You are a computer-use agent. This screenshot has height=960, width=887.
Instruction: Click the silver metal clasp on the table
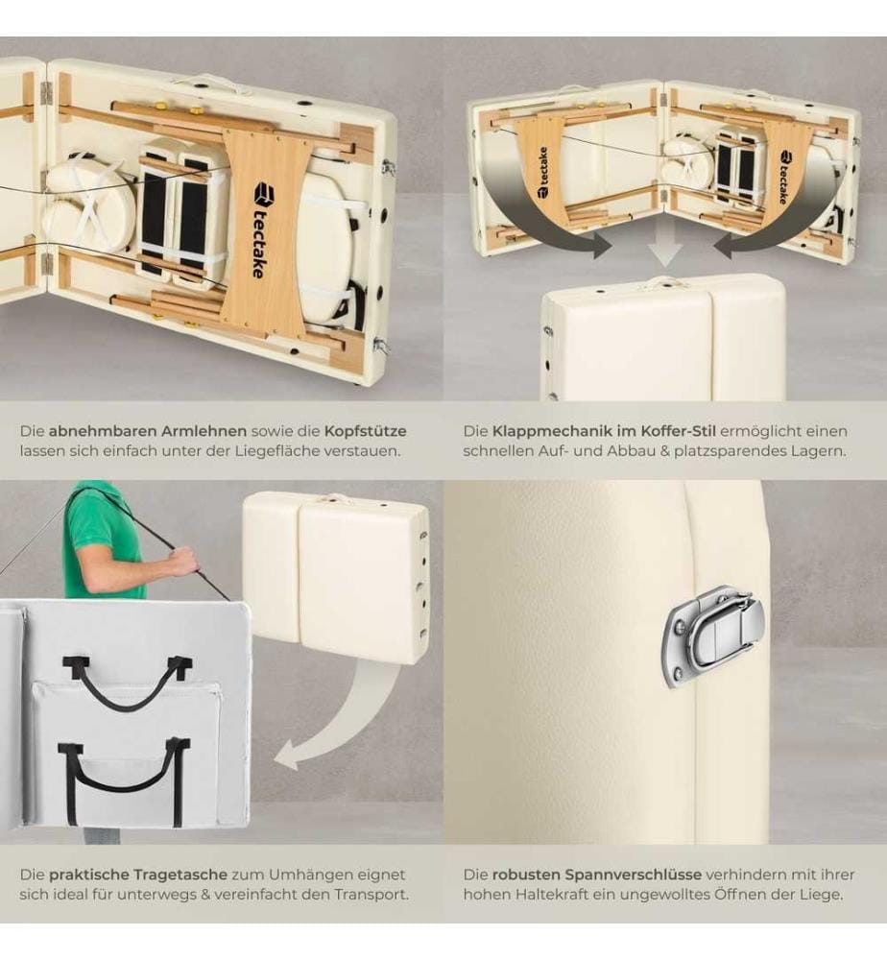click(712, 637)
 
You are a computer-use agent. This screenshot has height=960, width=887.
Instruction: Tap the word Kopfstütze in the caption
click(365, 431)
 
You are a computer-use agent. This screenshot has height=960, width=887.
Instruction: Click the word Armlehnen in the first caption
click(204, 431)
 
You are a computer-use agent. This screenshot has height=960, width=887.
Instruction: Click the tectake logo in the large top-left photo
click(261, 230)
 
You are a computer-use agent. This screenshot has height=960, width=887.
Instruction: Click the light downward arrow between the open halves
click(665, 246)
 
